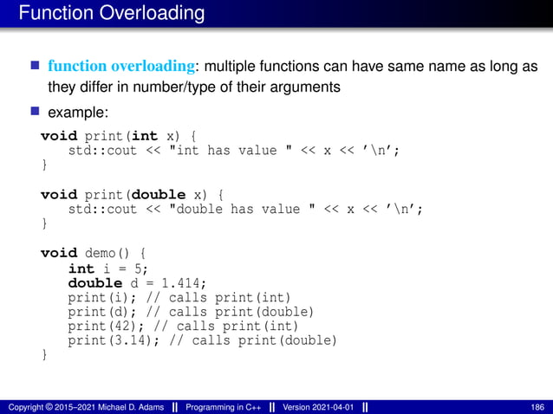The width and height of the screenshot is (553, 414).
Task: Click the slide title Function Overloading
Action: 111,14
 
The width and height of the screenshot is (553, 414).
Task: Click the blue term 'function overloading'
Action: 117,66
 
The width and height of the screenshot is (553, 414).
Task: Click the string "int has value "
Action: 203,151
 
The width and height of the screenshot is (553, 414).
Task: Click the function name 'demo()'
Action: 108,253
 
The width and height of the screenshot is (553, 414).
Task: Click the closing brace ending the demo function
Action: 45,353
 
